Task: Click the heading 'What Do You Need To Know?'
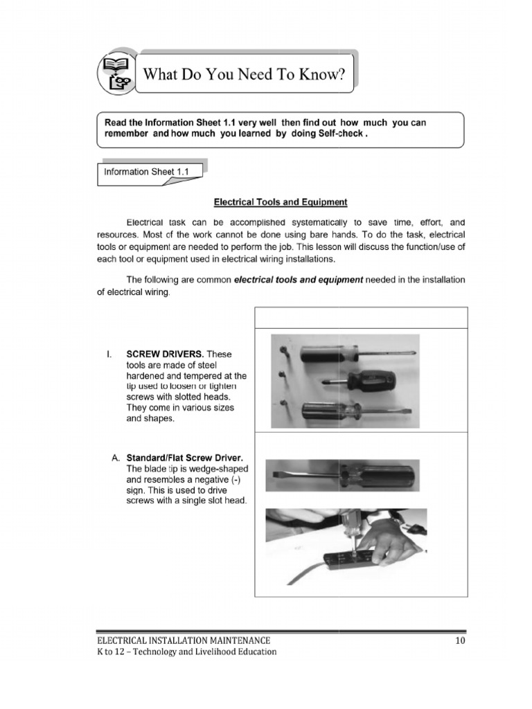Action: (243, 73)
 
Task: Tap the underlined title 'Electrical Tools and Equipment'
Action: (280, 202)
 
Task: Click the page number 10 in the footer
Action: (461, 640)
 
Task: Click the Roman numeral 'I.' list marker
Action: (109, 354)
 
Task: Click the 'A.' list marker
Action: (116, 458)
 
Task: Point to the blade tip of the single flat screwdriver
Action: (275, 473)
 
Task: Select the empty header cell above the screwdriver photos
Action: (362, 316)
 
